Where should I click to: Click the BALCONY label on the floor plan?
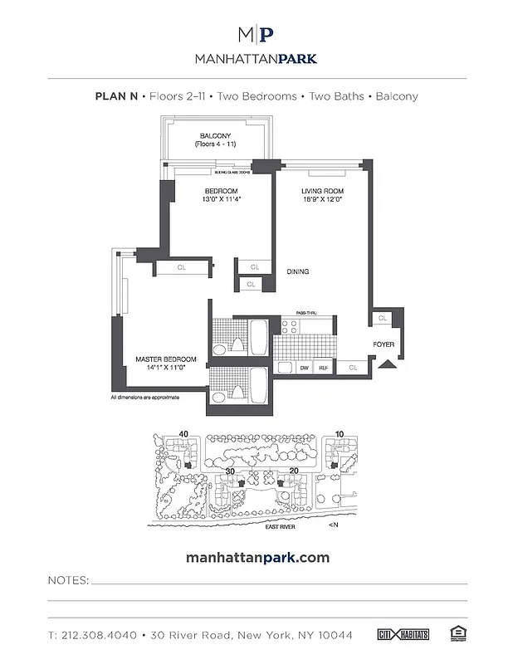click(213, 137)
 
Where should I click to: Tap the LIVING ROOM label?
click(322, 191)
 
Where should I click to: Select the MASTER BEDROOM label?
click(166, 359)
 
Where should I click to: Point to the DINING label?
click(299, 271)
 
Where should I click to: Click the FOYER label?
click(384, 343)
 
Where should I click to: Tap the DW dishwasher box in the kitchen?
click(305, 366)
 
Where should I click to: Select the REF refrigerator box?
click(324, 366)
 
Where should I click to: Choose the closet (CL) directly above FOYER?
click(382, 318)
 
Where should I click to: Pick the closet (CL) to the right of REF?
click(353, 366)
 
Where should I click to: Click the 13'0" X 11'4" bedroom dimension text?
click(222, 199)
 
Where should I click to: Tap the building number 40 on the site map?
click(183, 433)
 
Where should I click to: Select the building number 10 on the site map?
click(340, 433)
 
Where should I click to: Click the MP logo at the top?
click(256, 36)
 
